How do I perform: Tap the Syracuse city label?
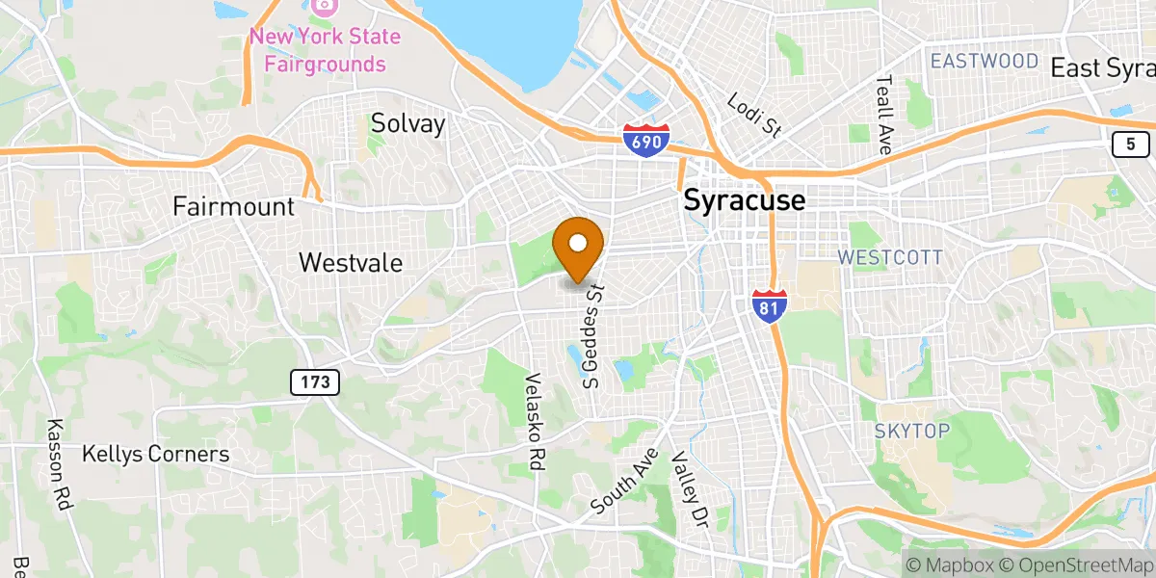pos(743,200)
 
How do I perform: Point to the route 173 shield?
pos(315,382)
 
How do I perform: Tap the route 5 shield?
pos(1129,144)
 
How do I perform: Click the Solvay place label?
pos(408,123)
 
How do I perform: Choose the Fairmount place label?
pos(233,206)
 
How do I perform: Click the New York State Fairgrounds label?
pos(324,51)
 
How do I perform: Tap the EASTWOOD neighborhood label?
pos(984,62)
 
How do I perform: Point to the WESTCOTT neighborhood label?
pos(889,258)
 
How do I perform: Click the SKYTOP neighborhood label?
pos(911,431)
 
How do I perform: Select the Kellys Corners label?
pos(155,454)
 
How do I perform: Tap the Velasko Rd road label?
pos(535,421)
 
